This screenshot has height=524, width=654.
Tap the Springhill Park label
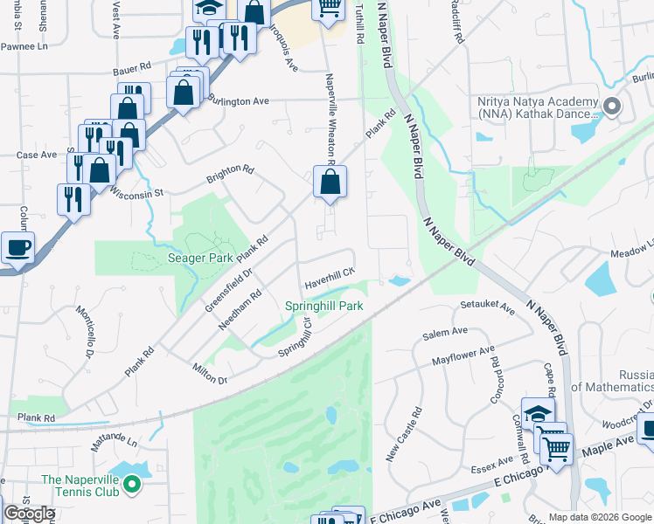click(324, 307)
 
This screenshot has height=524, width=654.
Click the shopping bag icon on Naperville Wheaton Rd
click(330, 183)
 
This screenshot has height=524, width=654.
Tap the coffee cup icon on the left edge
click(17, 248)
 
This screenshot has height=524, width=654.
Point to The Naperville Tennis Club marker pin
click(132, 483)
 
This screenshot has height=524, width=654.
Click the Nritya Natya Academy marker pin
click(612, 107)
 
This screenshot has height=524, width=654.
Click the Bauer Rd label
click(131, 65)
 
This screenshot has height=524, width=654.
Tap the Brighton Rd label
click(229, 174)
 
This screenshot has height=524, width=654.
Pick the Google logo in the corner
click(29, 514)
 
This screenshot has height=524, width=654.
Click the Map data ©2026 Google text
click(599, 517)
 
